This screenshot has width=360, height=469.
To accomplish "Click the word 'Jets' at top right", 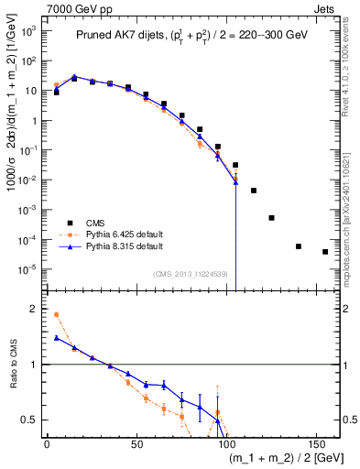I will click(324, 7).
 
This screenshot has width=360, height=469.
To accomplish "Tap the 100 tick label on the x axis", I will click(226, 443).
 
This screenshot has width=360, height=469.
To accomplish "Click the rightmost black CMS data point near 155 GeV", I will click(325, 252).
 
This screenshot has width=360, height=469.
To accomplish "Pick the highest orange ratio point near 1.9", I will click(57, 314).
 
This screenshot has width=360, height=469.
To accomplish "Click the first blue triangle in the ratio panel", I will click(57, 338).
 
